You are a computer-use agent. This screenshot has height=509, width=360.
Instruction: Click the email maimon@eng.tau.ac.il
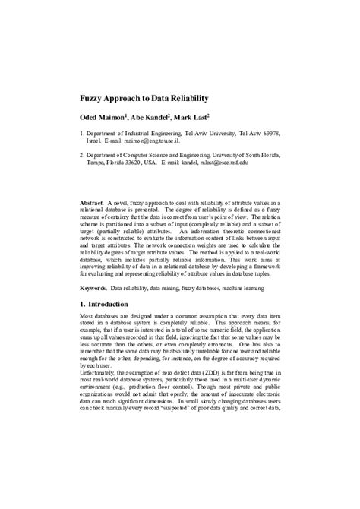[151, 141]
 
